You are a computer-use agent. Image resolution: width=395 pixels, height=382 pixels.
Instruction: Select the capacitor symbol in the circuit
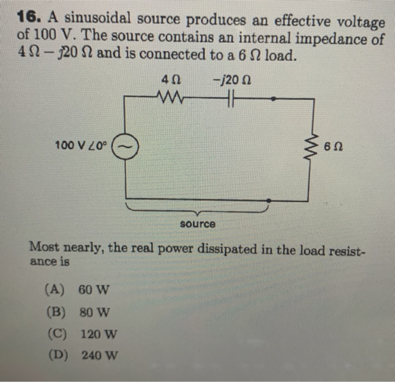click(x=231, y=99)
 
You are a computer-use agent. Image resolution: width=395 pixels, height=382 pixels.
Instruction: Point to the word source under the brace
click(x=197, y=224)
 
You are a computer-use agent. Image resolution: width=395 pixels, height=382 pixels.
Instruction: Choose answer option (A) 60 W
click(x=77, y=290)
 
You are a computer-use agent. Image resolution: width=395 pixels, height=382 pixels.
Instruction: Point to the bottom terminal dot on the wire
click(x=271, y=199)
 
